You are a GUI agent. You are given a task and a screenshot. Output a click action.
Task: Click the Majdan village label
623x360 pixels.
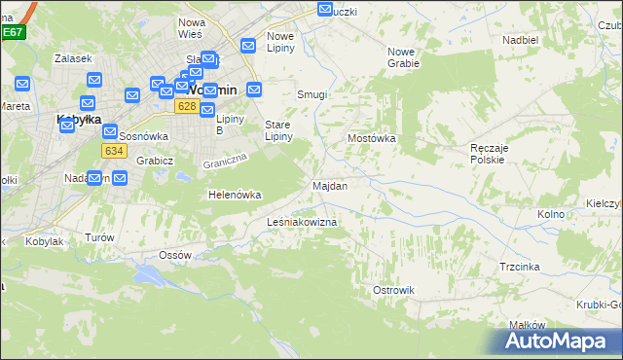coord(329,185)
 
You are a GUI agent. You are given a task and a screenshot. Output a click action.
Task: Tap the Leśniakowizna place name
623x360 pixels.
coord(302,223)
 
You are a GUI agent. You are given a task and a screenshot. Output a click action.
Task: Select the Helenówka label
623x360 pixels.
coord(235,195)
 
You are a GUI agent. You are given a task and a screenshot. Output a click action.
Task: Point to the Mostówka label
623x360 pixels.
coord(372,138)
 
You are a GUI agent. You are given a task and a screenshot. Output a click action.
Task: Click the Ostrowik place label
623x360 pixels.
coord(394,290)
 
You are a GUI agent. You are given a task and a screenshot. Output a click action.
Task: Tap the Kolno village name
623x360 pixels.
coord(551,213)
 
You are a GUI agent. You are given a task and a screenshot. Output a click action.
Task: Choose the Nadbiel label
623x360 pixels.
coord(521,40)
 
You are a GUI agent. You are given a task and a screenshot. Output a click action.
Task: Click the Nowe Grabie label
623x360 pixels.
coord(403,57)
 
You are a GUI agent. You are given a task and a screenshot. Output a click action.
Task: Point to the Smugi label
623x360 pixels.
coord(311,95)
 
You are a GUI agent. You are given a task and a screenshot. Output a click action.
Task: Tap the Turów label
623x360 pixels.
coord(100,237)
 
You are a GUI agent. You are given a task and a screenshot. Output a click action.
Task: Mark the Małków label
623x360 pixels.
coord(525,325)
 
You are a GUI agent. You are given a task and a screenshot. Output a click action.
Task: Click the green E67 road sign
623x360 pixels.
coord(12,32)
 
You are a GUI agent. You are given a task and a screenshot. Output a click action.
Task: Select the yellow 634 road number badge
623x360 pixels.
coord(114,151)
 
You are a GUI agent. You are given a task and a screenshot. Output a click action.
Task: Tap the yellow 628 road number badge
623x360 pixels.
coord(188,106)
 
